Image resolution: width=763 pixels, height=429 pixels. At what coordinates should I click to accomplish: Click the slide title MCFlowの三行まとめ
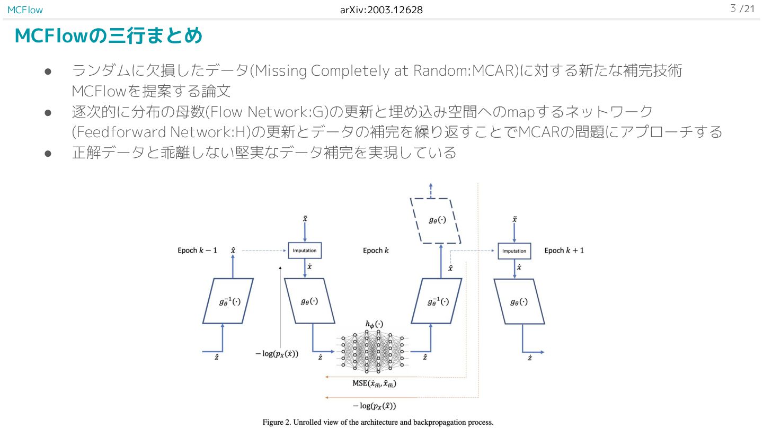[108, 36]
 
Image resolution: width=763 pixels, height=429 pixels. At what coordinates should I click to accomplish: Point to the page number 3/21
[742, 9]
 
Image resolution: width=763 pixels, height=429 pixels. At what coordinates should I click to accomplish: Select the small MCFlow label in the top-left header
[25, 10]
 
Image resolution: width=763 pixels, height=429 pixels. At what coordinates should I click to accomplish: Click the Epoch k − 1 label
[197, 250]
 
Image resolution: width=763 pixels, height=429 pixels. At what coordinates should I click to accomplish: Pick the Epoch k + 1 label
[564, 250]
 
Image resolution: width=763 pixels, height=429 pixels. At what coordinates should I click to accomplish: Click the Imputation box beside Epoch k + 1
[514, 251]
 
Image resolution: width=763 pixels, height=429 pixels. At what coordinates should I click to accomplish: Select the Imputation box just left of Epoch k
[305, 251]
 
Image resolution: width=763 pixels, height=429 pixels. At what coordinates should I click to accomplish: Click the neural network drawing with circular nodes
[372, 351]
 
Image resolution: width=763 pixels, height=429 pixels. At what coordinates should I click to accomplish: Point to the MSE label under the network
[375, 384]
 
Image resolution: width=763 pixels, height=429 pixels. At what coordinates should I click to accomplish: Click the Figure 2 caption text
[378, 422]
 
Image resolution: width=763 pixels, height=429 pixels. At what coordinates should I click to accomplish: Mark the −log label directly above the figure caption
[375, 406]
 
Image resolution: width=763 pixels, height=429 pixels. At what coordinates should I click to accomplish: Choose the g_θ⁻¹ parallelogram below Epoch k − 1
[228, 301]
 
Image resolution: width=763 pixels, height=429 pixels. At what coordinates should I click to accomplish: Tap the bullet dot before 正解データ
[47, 153]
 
